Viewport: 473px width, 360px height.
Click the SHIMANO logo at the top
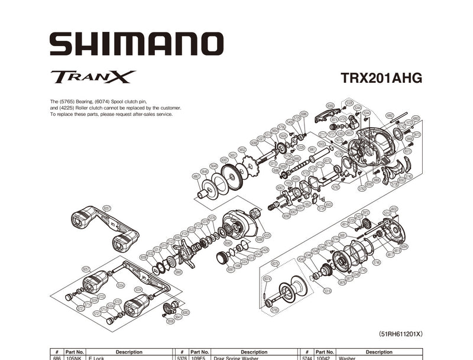click(x=137, y=44)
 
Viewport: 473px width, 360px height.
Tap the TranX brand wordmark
click(x=93, y=77)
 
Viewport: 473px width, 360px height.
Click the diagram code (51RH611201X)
click(x=400, y=334)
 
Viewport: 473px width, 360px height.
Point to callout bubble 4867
click(x=196, y=176)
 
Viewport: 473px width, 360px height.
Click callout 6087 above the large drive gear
click(x=224, y=160)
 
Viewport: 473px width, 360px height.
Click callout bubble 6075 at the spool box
click(x=275, y=264)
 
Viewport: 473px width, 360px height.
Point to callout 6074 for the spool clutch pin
click(x=267, y=278)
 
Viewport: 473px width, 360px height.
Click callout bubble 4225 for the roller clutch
click(x=267, y=235)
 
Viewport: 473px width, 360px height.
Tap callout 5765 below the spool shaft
click(x=274, y=310)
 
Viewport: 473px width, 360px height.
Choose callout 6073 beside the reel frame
click(x=407, y=151)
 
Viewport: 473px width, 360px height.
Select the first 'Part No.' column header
click(x=75, y=352)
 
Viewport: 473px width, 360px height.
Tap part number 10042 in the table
click(x=323, y=358)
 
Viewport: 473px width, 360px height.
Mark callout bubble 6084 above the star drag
click(x=177, y=237)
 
